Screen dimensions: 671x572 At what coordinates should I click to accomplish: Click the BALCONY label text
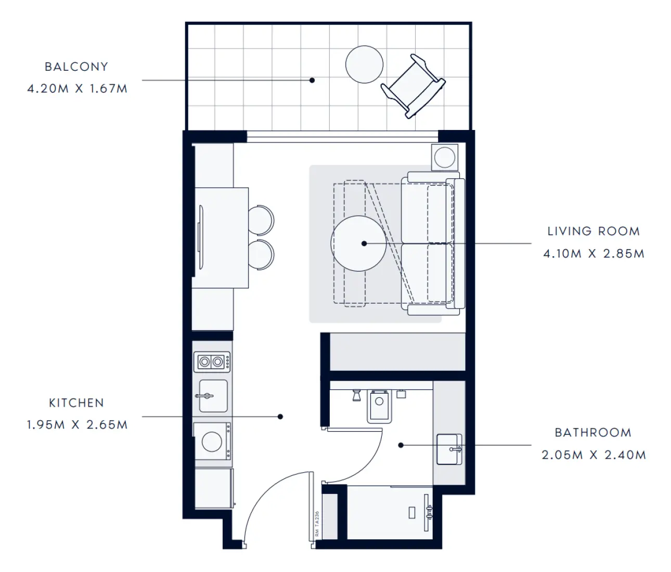coord(76,67)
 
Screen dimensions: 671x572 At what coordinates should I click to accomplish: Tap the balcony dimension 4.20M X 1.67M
coord(78,88)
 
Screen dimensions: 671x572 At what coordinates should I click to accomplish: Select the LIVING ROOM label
coord(593,231)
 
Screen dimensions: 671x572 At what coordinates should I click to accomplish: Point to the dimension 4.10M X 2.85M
coord(593,254)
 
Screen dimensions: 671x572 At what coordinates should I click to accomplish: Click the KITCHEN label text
coord(76,403)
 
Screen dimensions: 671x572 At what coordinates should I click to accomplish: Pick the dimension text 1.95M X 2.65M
coord(78,425)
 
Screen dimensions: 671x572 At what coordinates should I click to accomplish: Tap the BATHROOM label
coord(593,433)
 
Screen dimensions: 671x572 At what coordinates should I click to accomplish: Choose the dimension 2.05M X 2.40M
coord(593,455)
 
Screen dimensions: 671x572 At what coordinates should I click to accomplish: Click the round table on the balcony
coord(364,64)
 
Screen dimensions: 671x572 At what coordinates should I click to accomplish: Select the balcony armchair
coord(413,86)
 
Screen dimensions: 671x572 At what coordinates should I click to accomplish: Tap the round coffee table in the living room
coord(358,243)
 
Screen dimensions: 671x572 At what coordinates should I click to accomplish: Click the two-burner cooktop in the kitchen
coord(212,361)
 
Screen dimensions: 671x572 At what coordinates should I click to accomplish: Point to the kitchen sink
coord(213,396)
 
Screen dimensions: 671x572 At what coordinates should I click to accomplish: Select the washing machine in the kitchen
coord(212,441)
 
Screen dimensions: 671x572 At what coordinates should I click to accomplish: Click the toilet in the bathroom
coord(379,407)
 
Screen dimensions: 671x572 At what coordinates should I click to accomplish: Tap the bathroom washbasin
coord(449,449)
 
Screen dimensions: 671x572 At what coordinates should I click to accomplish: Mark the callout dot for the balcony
coord(312,80)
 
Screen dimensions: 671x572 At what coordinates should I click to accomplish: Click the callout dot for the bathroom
coord(401,445)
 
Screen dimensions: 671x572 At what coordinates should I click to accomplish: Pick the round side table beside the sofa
coord(445,158)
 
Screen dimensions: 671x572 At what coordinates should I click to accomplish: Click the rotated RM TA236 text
coord(317,524)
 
